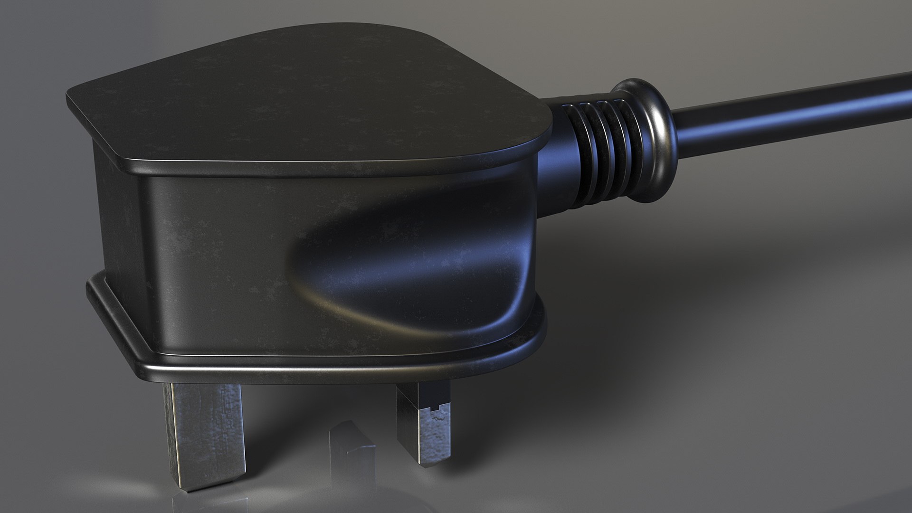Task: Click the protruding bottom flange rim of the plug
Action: [332, 366]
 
